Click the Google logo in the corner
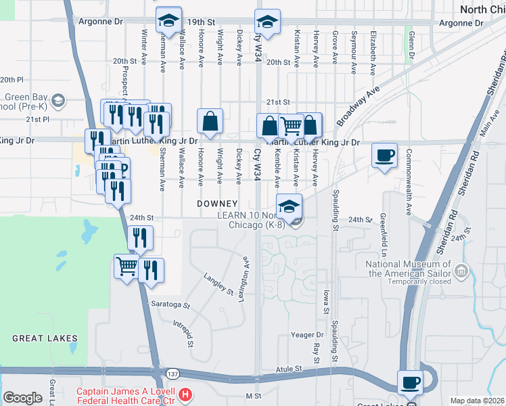22,398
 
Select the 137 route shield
156,374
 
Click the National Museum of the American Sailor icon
462,272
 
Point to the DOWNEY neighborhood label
217,204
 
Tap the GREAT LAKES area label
45,338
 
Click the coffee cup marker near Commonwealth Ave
385,156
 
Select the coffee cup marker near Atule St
410,383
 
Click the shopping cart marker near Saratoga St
127,267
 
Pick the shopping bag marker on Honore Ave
210,122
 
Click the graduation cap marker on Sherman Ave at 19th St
168,22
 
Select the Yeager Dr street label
308,335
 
